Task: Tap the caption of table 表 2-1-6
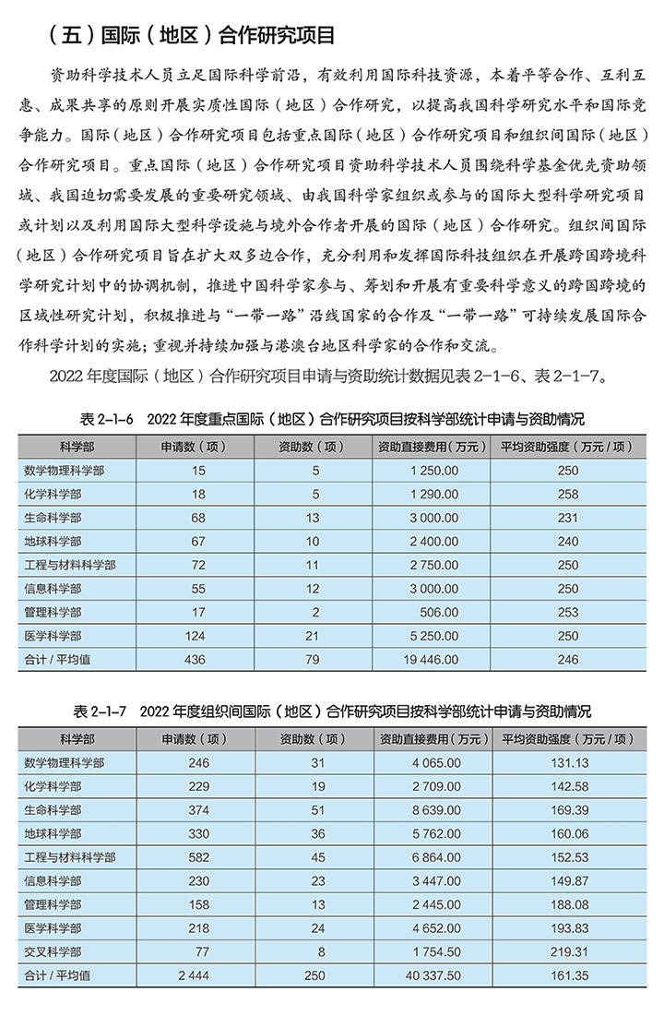[332, 418]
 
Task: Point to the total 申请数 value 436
[197, 659]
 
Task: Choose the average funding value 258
[568, 494]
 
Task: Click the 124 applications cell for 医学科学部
[197, 636]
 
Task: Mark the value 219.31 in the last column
[568, 951]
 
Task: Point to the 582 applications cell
[197, 857]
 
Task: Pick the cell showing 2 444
[196, 974]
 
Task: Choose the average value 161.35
[568, 974]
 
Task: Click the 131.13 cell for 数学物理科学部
[568, 763]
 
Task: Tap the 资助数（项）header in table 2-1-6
[312, 447]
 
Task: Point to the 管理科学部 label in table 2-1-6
[53, 612]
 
